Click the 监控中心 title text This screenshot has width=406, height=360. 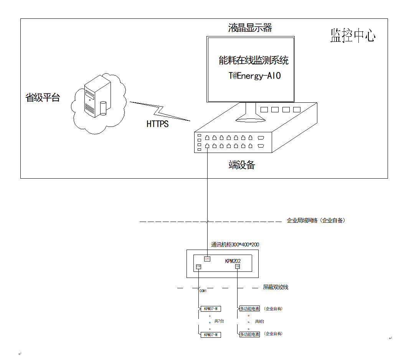coord(353,36)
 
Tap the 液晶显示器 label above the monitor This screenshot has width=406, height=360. coord(250,28)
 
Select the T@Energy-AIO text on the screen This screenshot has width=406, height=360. coord(255,76)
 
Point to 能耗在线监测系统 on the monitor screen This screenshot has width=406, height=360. coord(254,60)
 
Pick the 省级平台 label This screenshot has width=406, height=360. coord(43,97)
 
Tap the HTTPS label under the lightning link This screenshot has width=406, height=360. coord(157,124)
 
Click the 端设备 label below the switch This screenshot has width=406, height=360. coord(242,165)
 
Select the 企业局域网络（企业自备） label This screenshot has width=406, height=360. coord(316,220)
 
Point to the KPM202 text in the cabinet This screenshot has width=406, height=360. coord(233,261)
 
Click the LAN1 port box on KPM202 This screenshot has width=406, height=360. coord(207,258)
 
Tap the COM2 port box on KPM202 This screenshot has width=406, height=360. coord(238,266)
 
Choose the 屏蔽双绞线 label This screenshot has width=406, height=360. coord(276,287)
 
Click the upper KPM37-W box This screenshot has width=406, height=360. coord(211,309)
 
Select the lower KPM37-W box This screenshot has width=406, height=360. coord(211,335)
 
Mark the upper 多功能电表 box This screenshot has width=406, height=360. coord(249,309)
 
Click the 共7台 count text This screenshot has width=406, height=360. coord(219,321)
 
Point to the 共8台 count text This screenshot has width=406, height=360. coord(259,321)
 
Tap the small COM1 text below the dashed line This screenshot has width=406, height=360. coord(203,291)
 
